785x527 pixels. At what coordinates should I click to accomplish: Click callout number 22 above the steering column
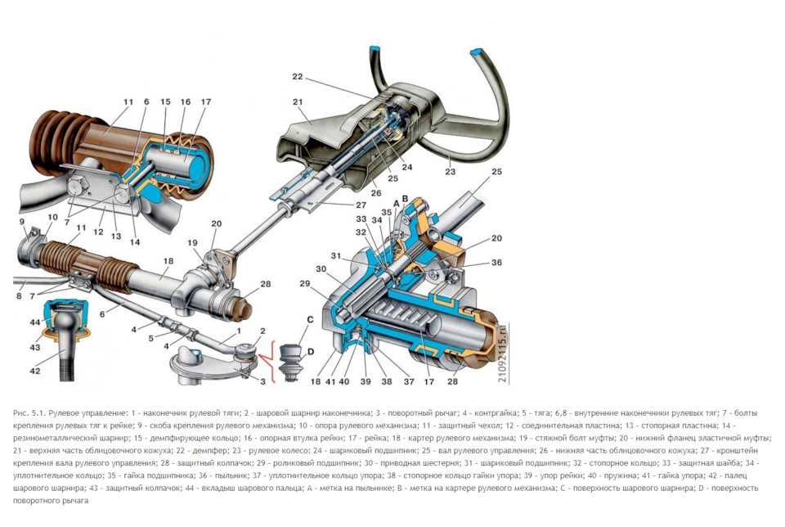click(297, 77)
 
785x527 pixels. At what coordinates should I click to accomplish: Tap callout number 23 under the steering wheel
click(451, 173)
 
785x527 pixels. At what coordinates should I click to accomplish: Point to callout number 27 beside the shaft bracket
click(361, 205)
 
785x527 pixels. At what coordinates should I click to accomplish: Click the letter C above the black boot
click(310, 319)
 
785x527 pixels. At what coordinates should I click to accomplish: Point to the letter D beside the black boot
click(311, 351)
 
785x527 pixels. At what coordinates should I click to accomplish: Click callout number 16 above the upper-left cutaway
click(186, 101)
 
